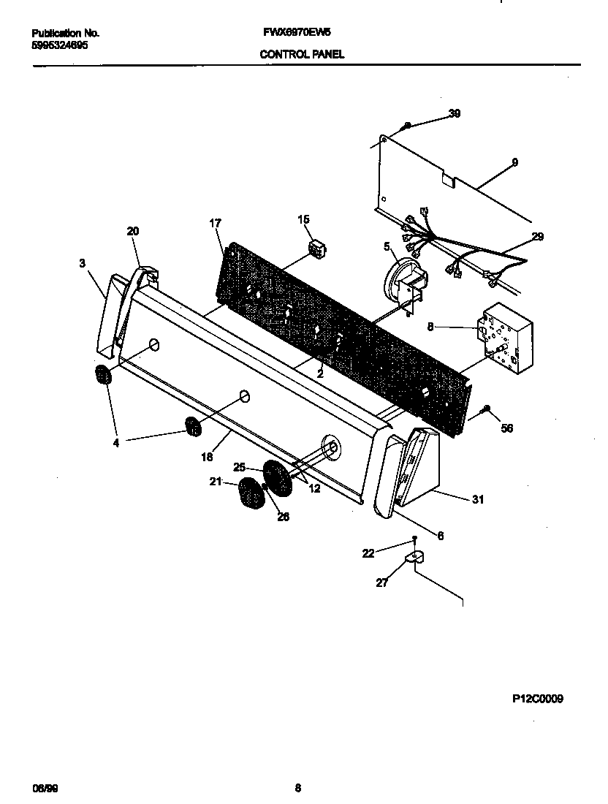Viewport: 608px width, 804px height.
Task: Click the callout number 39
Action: tap(454, 113)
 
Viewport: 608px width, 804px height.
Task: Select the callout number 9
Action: tap(514, 162)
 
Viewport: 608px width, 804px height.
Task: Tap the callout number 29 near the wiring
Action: tap(538, 237)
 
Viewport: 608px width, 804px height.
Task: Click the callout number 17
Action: tap(216, 223)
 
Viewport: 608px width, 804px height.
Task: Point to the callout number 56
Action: tap(506, 428)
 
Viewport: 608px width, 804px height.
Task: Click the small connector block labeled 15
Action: tap(316, 249)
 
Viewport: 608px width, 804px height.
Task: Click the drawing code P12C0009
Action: tap(537, 699)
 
